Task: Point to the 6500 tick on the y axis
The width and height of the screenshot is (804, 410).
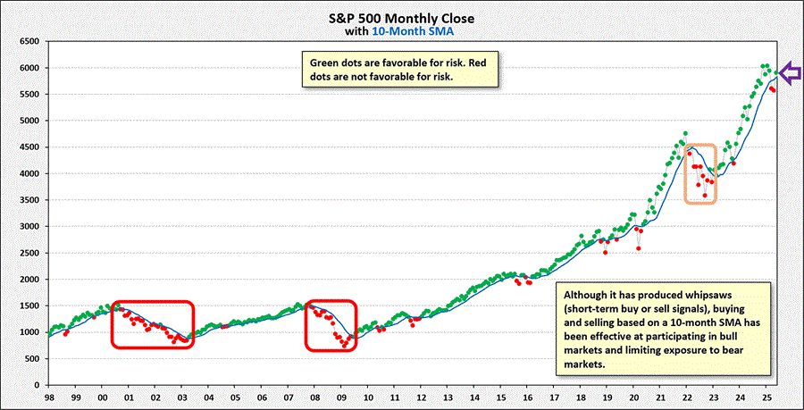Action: [29, 41]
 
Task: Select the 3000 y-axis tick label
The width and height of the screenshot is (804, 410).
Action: [29, 226]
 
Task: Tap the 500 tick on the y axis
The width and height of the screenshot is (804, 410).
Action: [32, 359]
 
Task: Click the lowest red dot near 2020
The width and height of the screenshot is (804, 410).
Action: [638, 247]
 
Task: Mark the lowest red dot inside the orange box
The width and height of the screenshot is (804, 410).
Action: [705, 195]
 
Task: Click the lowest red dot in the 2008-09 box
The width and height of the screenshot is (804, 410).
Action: [344, 344]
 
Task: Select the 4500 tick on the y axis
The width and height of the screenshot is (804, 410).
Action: [29, 147]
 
